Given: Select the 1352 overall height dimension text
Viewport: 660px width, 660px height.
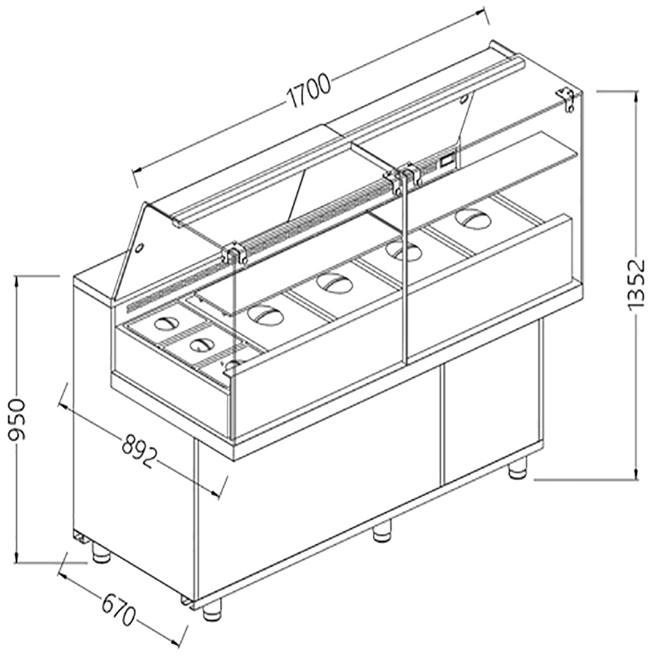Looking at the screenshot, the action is pyautogui.click(x=636, y=285).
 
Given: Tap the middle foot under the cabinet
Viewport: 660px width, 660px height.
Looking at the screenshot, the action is pyautogui.click(x=381, y=532).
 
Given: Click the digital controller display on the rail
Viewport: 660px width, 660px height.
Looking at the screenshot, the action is pyautogui.click(x=447, y=160).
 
